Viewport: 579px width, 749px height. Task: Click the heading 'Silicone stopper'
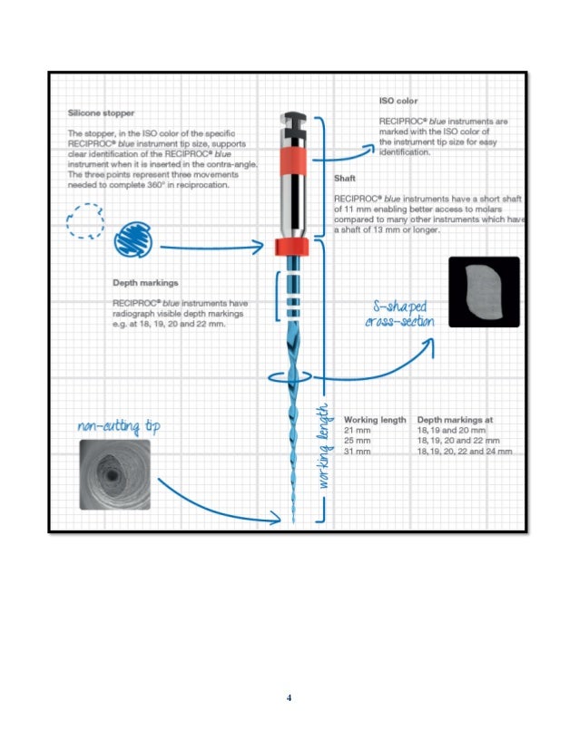click(x=101, y=114)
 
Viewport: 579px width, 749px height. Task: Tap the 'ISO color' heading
click(x=397, y=101)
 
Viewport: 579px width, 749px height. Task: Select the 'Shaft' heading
click(x=345, y=179)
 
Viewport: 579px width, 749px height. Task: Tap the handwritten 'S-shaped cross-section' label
click(x=398, y=314)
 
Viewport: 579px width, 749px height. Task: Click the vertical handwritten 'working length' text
click(x=323, y=448)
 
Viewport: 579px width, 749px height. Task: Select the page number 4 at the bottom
click(x=289, y=698)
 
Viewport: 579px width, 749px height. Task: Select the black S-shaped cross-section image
click(x=484, y=292)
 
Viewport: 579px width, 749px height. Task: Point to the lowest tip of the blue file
click(x=294, y=521)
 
